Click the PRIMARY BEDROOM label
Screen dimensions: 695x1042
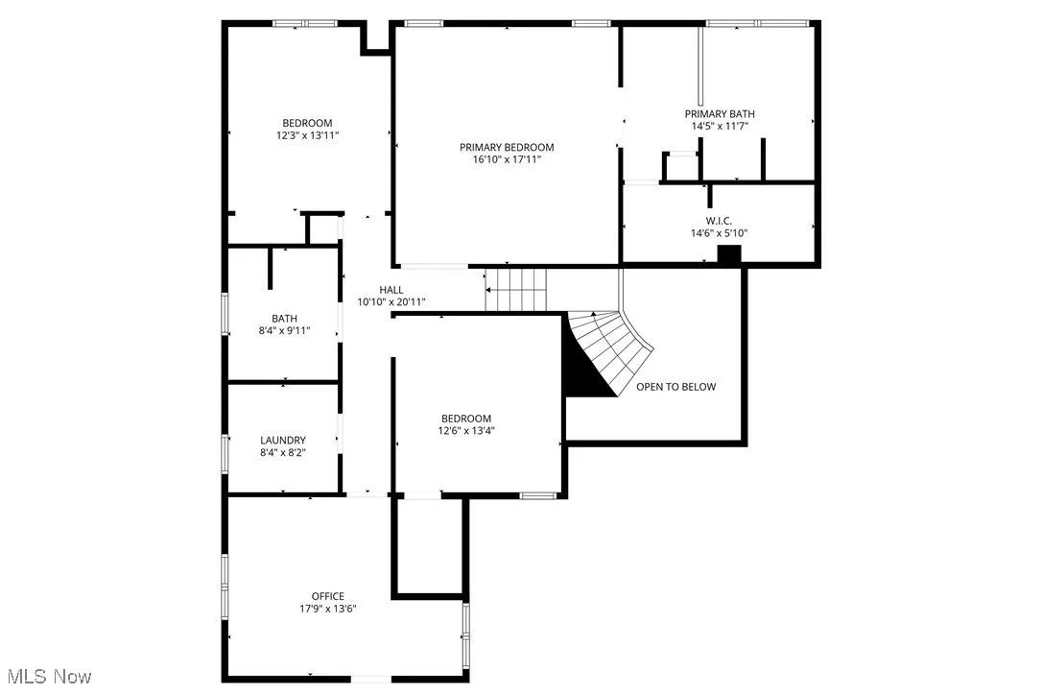point(507,147)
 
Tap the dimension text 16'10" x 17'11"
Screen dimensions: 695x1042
point(507,159)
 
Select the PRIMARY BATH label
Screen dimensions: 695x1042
point(719,113)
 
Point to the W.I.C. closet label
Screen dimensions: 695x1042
point(719,220)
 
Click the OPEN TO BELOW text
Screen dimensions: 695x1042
point(675,387)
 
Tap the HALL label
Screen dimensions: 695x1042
point(391,289)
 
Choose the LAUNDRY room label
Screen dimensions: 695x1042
point(283,440)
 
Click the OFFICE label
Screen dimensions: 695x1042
point(327,596)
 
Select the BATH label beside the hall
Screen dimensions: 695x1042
point(284,319)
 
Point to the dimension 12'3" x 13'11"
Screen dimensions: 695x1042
point(307,135)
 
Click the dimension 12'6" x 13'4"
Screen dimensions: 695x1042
point(466,430)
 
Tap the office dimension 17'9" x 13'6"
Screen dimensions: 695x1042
point(327,609)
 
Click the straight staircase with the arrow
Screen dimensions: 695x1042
point(516,289)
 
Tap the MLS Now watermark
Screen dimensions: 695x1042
point(46,677)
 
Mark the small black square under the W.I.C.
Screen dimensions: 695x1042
point(730,254)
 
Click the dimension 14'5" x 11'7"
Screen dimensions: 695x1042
point(719,126)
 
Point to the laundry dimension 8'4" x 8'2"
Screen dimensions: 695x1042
point(283,452)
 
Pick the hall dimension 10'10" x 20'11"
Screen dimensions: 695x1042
point(391,301)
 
